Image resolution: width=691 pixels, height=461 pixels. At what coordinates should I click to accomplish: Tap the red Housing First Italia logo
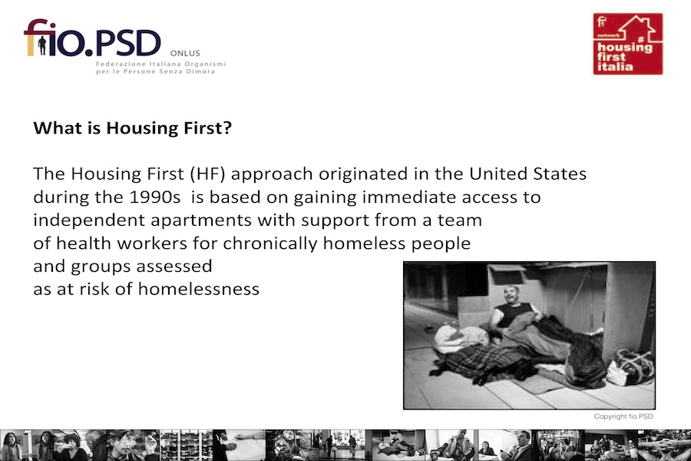(628, 44)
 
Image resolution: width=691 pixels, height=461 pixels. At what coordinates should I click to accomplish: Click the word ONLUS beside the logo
(185, 53)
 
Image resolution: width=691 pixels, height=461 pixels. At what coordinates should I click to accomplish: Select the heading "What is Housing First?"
(132, 128)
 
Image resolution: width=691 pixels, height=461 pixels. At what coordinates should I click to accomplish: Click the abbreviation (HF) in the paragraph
(208, 174)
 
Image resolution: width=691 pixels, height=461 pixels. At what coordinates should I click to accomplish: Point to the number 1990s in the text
(154, 197)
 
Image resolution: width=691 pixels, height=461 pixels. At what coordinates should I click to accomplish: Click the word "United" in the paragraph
(498, 174)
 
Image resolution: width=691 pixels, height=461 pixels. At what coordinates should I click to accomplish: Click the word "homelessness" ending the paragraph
(199, 290)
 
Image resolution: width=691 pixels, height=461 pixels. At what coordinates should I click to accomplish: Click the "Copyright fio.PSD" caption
(623, 416)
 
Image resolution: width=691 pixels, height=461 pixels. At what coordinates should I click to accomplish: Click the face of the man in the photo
(512, 295)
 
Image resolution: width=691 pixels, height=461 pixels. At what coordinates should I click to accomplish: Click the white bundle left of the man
(458, 338)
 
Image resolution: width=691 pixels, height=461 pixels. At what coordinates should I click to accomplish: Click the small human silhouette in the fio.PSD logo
(42, 45)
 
